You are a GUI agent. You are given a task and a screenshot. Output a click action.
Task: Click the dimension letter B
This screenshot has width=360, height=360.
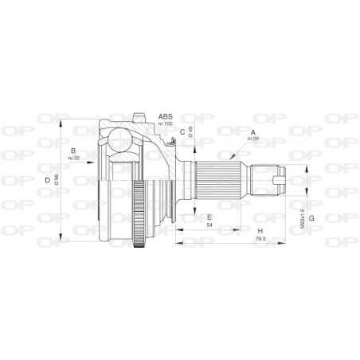[73, 151]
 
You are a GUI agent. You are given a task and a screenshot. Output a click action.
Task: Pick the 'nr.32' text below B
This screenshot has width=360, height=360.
[73, 158]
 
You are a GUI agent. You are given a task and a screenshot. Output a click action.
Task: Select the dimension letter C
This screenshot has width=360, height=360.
[182, 132]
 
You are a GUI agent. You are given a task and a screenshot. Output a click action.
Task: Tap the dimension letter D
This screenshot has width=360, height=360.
[48, 181]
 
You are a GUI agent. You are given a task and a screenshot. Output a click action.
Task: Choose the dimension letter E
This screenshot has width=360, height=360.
[209, 217]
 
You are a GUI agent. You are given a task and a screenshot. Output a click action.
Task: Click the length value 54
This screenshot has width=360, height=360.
[209, 225]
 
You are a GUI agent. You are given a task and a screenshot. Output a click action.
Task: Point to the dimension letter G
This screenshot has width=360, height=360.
[312, 217]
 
